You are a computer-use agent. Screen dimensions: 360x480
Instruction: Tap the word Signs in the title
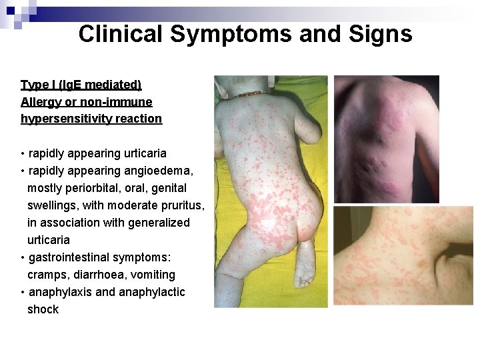[379, 34]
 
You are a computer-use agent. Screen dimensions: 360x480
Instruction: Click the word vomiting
[153, 275]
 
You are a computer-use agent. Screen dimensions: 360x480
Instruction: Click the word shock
[43, 309]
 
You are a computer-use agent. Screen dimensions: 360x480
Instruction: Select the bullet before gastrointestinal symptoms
[23, 257]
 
